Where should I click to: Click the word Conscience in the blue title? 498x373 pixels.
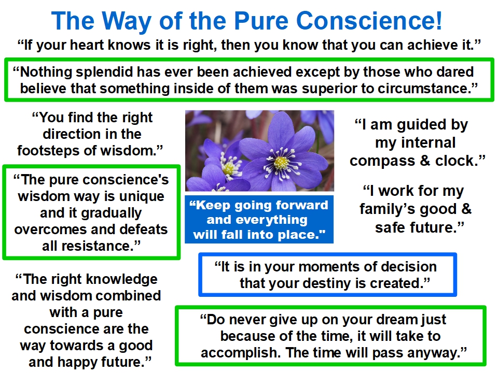click(x=369, y=21)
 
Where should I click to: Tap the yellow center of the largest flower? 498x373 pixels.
click(x=281, y=163)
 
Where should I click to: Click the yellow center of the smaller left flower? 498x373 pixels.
click(x=228, y=168)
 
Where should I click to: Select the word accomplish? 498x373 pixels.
click(x=241, y=353)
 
